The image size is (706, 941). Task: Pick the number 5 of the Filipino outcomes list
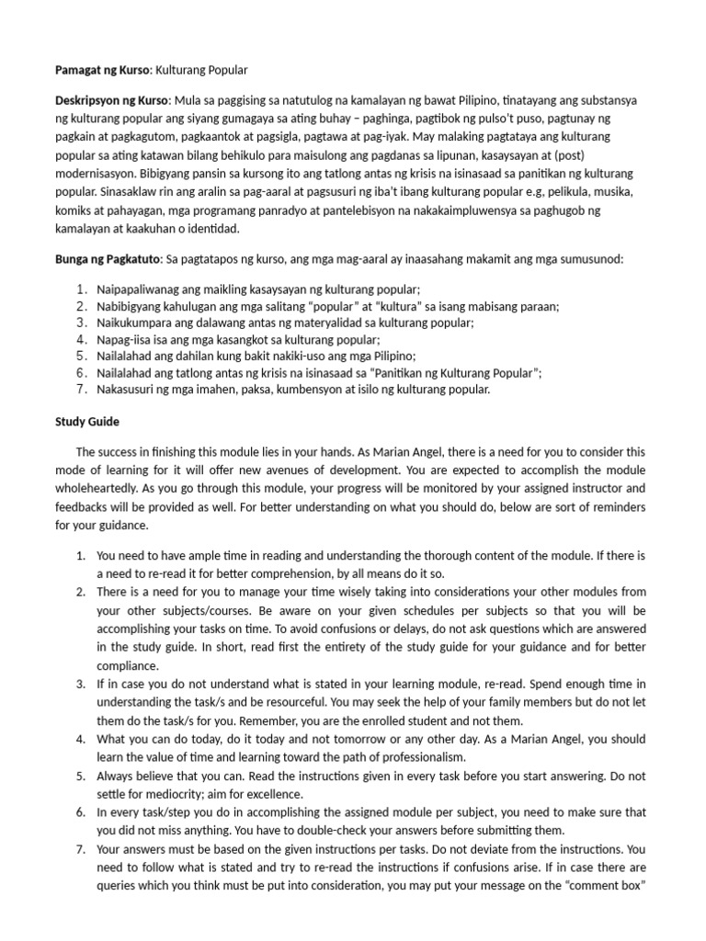[82, 356]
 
